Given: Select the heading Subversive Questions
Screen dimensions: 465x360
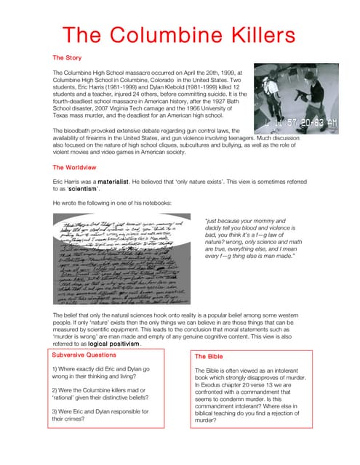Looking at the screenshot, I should pos(84,355).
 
